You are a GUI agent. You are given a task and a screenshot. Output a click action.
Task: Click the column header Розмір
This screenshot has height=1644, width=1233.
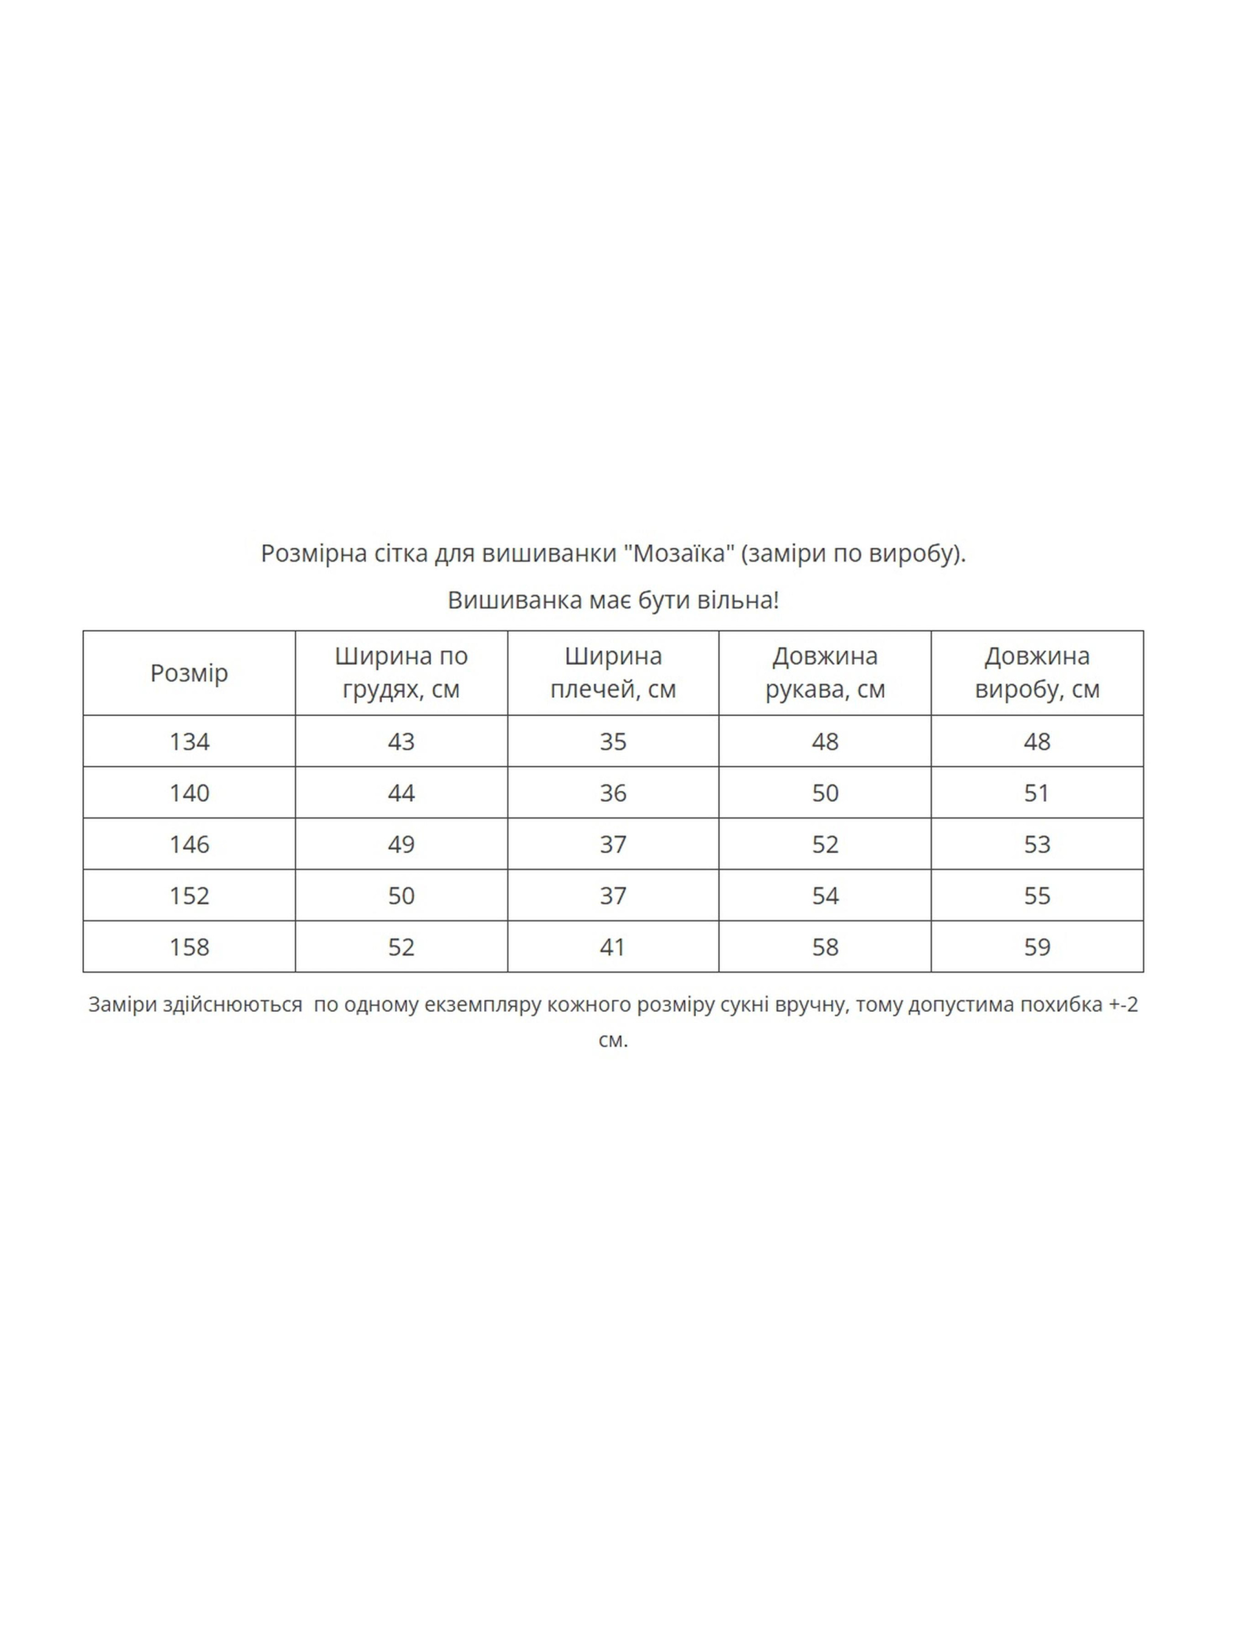[x=189, y=673]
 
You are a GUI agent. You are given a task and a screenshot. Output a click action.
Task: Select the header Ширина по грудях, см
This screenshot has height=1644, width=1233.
[x=401, y=673]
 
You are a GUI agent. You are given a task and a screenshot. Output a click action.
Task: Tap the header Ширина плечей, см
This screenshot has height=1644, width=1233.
[x=613, y=673]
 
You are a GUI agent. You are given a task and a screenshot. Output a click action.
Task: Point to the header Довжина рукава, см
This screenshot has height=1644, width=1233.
[x=825, y=673]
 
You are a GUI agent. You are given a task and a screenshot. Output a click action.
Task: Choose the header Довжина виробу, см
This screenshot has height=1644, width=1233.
[x=1037, y=673]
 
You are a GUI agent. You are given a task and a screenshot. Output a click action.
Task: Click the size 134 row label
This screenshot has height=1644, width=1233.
[x=189, y=741]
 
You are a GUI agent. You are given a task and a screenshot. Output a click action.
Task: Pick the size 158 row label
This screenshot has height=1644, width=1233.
[x=189, y=947]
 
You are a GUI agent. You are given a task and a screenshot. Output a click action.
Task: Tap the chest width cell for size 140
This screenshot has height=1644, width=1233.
[x=401, y=793]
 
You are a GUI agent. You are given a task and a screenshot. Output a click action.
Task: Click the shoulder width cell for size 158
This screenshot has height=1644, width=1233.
[x=613, y=947]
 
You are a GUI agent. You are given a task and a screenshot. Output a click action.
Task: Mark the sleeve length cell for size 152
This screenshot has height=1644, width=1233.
[x=825, y=896]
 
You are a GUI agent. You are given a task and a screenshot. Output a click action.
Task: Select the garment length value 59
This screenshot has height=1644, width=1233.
[x=1037, y=947]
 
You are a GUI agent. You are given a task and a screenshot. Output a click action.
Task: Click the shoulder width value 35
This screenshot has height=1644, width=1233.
[x=613, y=741]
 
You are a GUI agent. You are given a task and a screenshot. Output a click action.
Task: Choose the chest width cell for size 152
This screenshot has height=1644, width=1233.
[x=401, y=896]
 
